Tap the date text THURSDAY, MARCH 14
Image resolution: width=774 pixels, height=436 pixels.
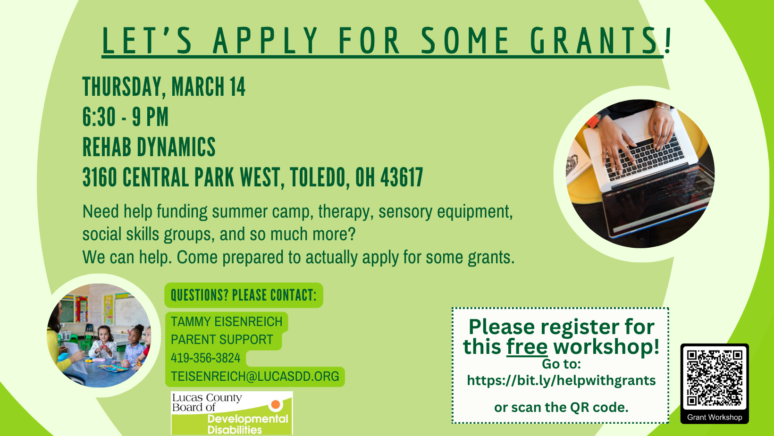click(164, 86)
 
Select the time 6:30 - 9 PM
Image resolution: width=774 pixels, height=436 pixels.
click(126, 117)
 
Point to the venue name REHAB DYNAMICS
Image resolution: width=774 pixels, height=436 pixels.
click(149, 147)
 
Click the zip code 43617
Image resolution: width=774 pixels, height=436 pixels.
click(402, 177)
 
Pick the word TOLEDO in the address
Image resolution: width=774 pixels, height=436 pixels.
click(318, 177)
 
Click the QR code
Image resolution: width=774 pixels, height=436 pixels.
click(715, 377)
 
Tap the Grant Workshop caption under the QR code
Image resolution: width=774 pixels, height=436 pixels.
click(715, 417)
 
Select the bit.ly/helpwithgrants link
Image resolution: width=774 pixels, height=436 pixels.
click(561, 380)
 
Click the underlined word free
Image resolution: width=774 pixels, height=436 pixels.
click(527, 346)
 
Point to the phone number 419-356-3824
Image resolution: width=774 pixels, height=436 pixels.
click(205, 358)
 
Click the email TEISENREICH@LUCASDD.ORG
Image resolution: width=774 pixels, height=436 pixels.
click(255, 376)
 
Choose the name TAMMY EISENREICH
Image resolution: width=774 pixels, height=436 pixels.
click(227, 322)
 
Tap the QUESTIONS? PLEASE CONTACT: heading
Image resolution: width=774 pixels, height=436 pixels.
click(244, 295)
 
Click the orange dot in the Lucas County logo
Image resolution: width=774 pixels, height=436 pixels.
click(276, 404)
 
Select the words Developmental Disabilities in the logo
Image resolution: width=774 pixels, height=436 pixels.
click(248, 424)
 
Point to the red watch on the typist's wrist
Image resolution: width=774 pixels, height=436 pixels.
click(593, 121)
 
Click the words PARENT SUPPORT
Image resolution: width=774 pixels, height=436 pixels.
click(222, 340)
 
